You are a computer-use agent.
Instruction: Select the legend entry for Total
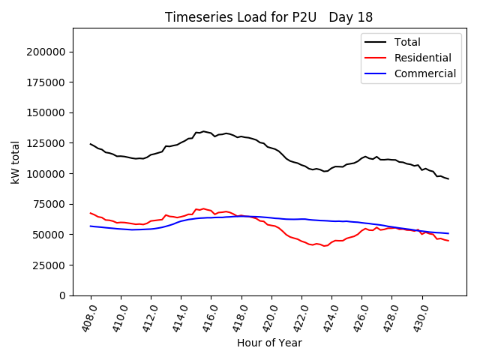click(x=408, y=42)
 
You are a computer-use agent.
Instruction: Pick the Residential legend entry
click(x=423, y=58)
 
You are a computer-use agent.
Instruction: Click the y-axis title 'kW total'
click(x=16, y=162)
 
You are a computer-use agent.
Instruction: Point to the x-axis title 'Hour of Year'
click(x=269, y=343)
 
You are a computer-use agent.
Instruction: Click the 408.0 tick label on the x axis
click(x=87, y=316)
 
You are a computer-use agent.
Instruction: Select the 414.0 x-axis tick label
click(x=177, y=316)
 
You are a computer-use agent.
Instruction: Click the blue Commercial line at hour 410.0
click(x=121, y=229)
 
